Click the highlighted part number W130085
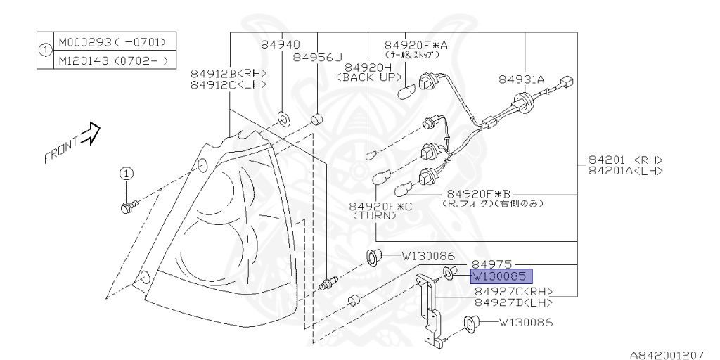coord(501,277)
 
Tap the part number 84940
coord(281,44)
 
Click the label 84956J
coord(318,58)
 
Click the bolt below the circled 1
coord(129,206)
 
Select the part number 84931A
coord(522,79)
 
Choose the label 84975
coord(491,264)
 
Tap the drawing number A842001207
coord(666,354)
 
